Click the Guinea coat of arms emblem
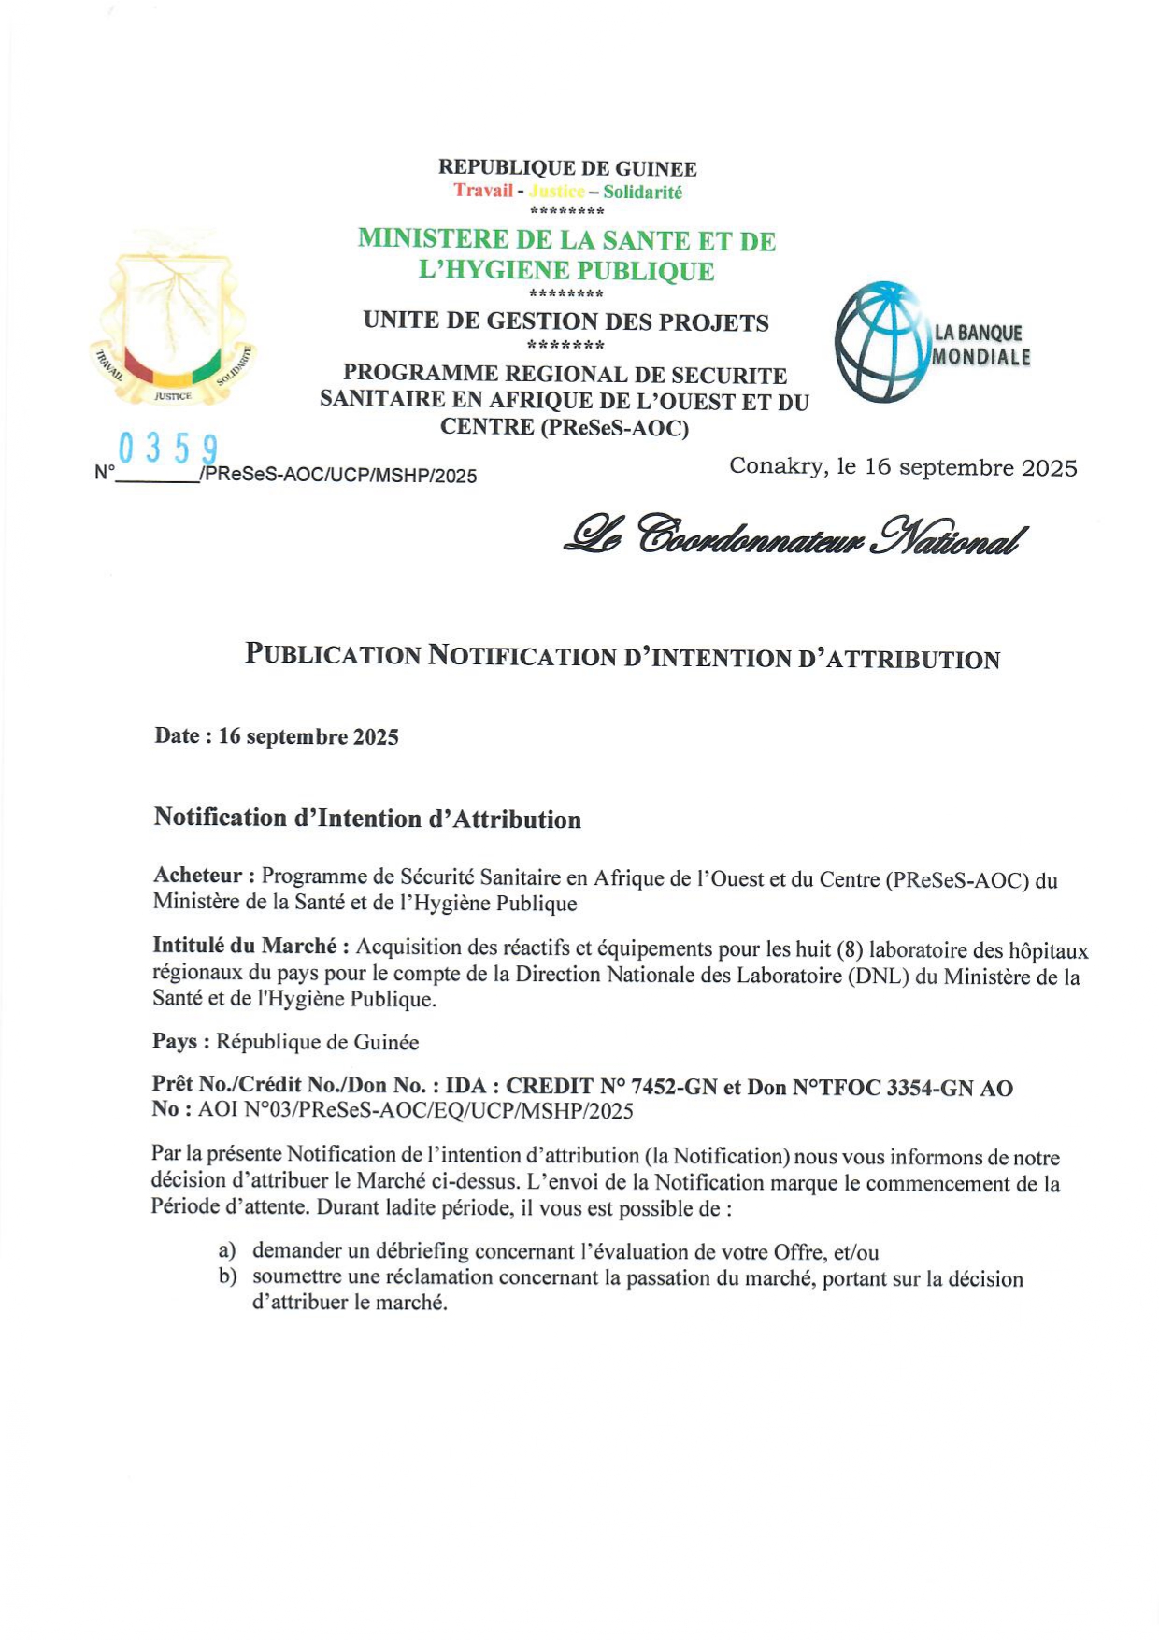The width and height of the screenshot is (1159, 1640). [x=172, y=322]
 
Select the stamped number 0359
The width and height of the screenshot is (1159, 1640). [x=168, y=449]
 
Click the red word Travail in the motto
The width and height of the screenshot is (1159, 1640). [x=483, y=191]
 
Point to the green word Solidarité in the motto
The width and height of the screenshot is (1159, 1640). [x=642, y=192]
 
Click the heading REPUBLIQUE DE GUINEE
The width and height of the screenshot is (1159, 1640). [x=567, y=168]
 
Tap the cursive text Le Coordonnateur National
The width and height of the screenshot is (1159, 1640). [x=794, y=535]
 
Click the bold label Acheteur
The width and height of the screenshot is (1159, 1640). [x=198, y=876]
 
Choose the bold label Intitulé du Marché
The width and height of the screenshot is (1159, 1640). [x=244, y=946]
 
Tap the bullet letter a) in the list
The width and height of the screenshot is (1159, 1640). [x=227, y=1250]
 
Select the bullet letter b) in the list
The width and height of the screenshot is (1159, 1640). [x=227, y=1276]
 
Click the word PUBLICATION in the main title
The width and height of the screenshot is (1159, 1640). [x=333, y=654]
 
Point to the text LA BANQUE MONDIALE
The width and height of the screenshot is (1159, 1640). [x=980, y=345]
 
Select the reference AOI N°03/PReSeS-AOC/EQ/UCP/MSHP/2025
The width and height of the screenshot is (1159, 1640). [x=415, y=1111]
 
